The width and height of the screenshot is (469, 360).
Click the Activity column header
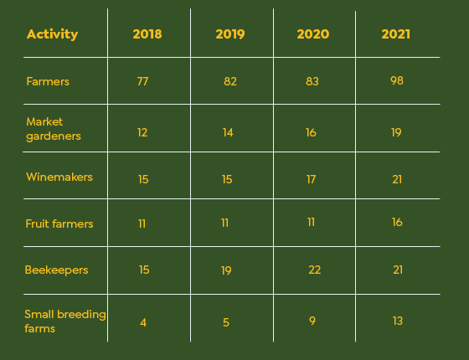point(52,34)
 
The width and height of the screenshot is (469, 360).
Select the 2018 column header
point(147,34)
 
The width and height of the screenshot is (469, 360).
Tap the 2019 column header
point(230,34)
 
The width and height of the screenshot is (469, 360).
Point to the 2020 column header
point(313,34)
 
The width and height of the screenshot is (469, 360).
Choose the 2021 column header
point(395,34)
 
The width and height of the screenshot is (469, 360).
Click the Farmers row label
point(48,82)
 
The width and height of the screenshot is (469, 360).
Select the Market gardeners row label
point(54,129)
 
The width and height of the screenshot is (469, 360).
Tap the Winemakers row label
point(59,177)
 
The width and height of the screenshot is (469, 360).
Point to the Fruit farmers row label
point(59,224)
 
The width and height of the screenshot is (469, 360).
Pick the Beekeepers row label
point(57,270)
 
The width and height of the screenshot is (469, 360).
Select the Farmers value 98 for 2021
point(397,80)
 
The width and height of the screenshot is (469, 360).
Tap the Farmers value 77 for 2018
point(142,81)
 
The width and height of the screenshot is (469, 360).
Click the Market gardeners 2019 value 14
point(228,132)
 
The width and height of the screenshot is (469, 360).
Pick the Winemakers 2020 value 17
point(311,179)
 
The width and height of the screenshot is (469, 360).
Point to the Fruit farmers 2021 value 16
point(397,222)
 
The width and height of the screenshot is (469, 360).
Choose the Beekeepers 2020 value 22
point(315,270)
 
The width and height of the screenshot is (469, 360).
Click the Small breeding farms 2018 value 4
point(143,322)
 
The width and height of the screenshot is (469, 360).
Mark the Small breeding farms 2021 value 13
point(398,321)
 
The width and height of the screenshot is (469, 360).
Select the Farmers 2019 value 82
point(230,81)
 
